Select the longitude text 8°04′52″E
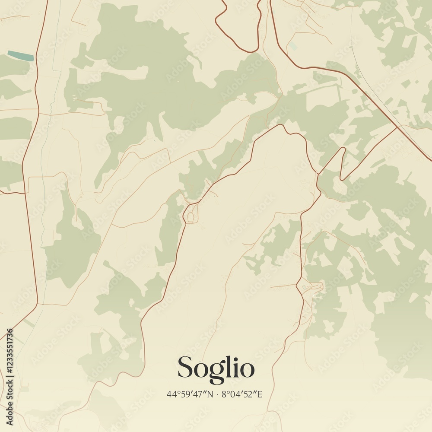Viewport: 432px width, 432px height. point(242,394)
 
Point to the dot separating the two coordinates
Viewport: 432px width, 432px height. point(217,394)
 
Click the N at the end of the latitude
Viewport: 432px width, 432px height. point(211,394)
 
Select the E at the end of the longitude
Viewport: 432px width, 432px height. point(260,394)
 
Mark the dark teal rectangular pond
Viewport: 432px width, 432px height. point(20,56)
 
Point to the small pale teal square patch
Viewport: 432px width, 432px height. point(293,46)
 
